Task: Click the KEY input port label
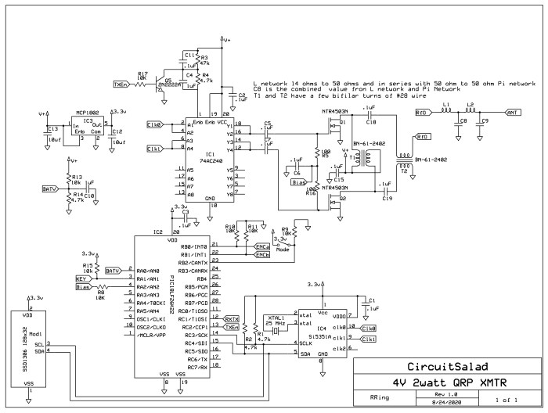(x=81, y=278)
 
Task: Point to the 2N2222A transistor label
(x=168, y=83)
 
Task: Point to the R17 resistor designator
(x=142, y=73)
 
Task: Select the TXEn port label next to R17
(x=121, y=84)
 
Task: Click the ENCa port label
(x=262, y=246)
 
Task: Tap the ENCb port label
(x=262, y=255)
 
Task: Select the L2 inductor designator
(x=471, y=104)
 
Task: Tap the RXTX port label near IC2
(x=232, y=319)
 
